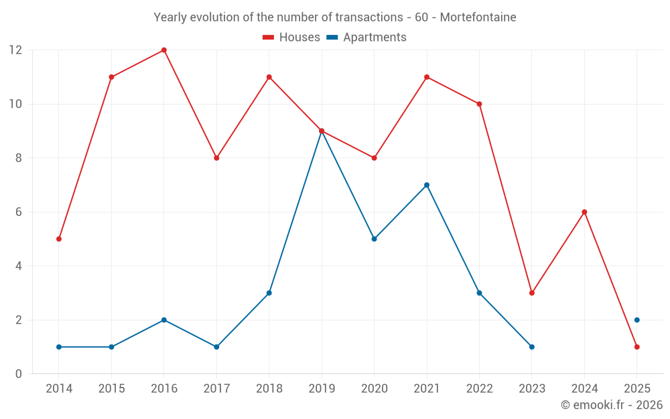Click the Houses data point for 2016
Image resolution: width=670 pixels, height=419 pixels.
[164, 50]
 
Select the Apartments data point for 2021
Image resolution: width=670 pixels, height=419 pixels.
[427, 185]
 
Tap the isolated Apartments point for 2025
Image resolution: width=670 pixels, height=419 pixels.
[636, 320]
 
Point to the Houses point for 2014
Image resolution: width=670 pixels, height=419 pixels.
[59, 239]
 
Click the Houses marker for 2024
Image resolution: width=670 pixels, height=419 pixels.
[584, 212]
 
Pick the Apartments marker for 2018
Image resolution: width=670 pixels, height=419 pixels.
[269, 293]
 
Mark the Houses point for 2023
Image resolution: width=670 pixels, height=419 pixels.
[532, 293]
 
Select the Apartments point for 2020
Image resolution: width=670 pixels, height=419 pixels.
[374, 239]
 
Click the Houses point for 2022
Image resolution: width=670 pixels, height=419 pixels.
[479, 104]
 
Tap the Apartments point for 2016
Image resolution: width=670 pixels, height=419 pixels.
[164, 320]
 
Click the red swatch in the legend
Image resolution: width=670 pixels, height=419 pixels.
[269, 38]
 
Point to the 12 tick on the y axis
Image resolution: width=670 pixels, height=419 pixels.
[15, 50]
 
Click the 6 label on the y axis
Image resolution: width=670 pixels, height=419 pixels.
[18, 212]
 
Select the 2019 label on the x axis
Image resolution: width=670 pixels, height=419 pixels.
[322, 389]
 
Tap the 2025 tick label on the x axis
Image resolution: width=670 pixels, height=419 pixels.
[636, 389]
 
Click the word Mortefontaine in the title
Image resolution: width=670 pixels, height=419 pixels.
[478, 17]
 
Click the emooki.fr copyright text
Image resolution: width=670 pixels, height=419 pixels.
[612, 405]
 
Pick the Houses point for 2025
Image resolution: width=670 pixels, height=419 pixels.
[636, 347]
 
